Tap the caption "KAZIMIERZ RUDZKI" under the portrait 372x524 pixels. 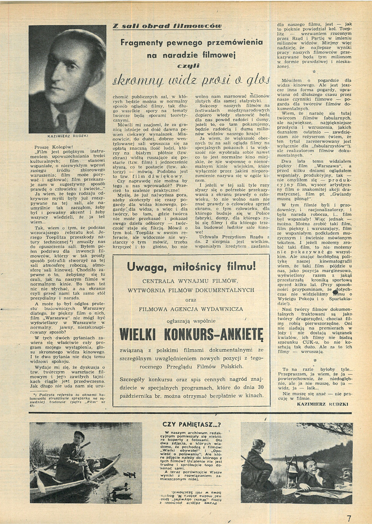[x=67, y=136]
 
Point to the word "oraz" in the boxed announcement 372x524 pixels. [x=191, y=299]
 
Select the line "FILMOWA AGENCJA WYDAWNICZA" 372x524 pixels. [x=191, y=309]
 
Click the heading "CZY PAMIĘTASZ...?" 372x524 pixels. [x=191, y=424]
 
